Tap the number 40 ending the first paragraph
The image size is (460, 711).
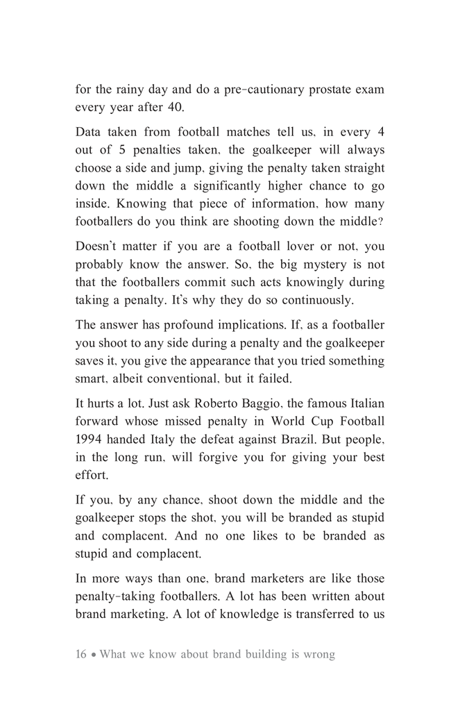click(x=178, y=108)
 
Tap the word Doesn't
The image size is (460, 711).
click(x=99, y=246)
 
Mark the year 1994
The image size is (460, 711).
click(x=88, y=440)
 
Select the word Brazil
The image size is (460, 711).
click(x=327, y=440)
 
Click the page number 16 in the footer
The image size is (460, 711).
click(x=81, y=655)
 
